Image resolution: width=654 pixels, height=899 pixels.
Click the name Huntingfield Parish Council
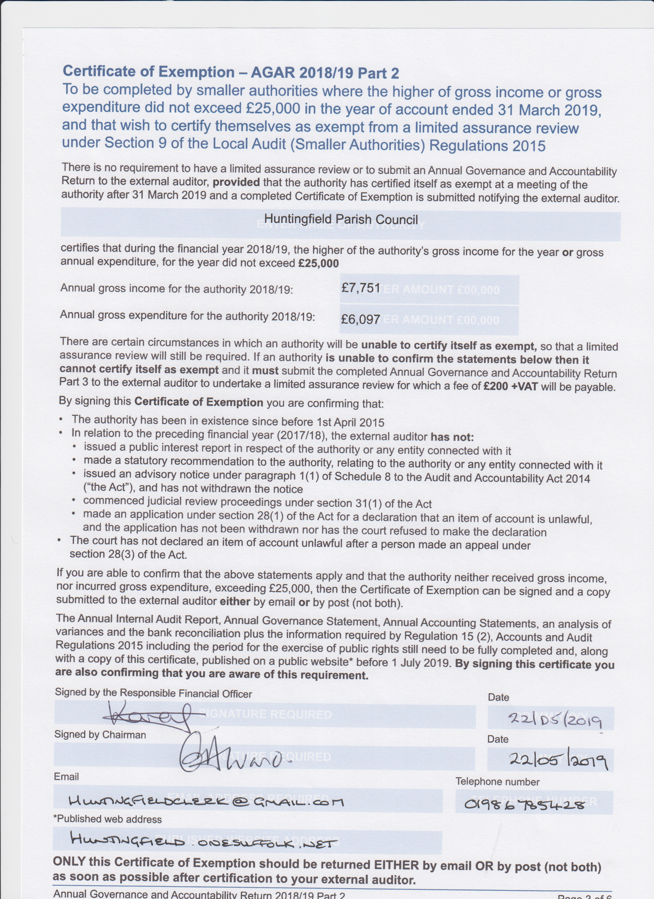[341, 219]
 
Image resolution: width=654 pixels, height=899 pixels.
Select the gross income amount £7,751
[361, 288]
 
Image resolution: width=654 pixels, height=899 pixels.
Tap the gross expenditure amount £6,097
[360, 319]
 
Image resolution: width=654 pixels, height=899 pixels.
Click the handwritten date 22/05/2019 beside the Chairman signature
[558, 760]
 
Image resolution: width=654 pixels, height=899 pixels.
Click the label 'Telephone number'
[498, 782]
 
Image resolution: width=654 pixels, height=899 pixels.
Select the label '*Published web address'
[107, 819]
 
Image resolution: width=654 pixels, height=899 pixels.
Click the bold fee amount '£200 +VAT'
[511, 386]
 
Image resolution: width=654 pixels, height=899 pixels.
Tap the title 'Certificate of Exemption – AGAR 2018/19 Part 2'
[231, 72]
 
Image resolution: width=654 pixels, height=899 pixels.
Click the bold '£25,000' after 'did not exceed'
[318, 263]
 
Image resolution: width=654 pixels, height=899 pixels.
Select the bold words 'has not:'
[452, 437]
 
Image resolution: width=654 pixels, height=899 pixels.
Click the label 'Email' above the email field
[67, 776]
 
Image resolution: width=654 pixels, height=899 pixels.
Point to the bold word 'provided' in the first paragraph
[236, 182]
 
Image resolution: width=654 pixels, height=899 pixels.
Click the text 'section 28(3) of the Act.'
[128, 555]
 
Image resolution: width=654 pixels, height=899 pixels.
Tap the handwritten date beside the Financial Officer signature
[555, 718]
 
